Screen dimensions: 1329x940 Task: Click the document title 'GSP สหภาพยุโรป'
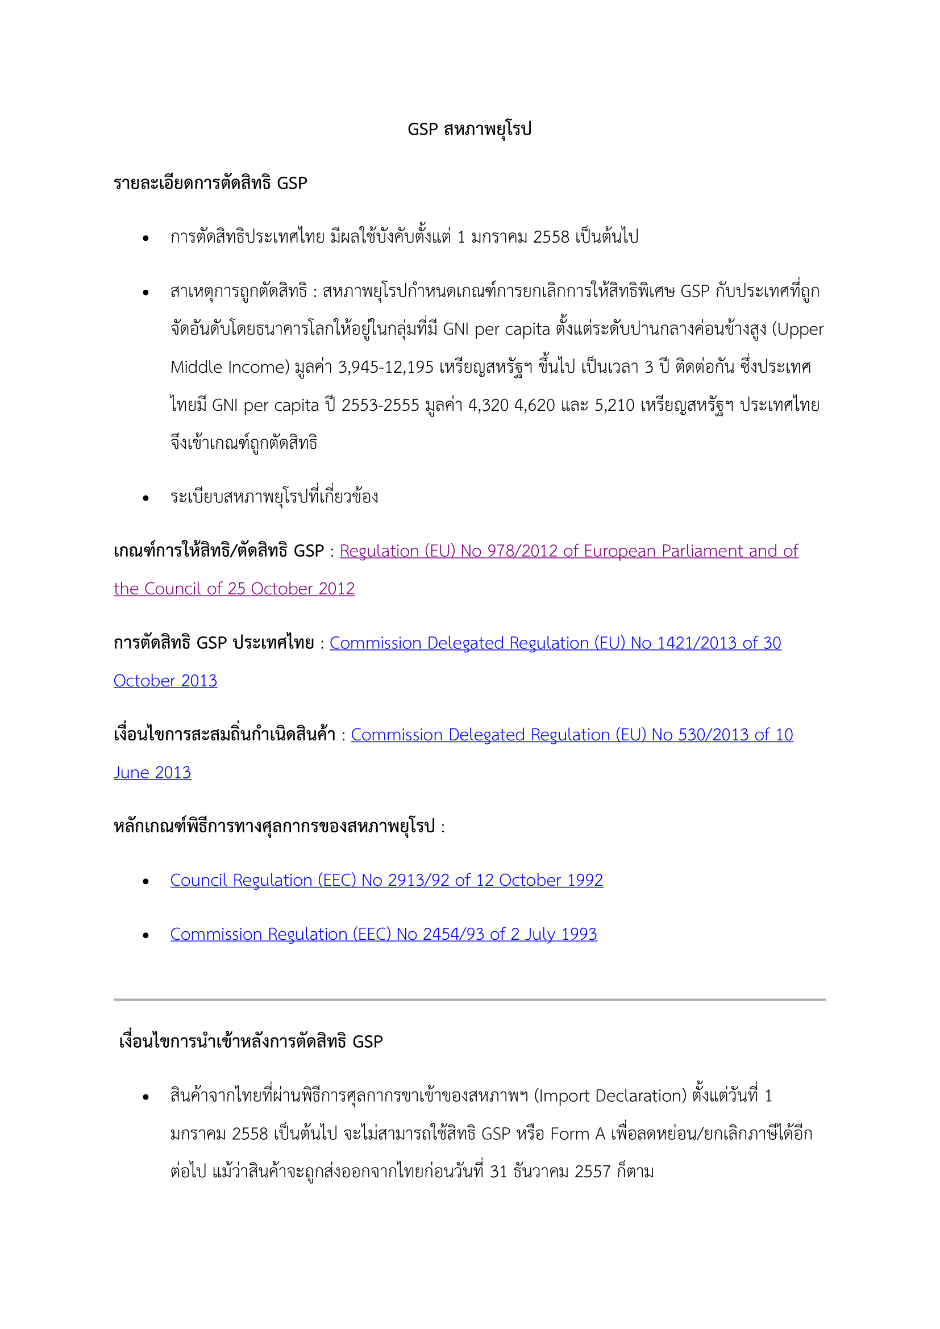(469, 128)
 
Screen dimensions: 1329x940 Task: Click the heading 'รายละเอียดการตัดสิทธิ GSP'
(210, 183)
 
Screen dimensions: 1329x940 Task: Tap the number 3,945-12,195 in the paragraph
(385, 367)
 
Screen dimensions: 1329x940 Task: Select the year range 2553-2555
(380, 405)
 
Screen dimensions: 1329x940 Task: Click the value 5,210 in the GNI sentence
(615, 405)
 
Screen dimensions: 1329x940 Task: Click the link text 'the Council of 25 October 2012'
(234, 589)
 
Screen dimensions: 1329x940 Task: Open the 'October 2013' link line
(165, 681)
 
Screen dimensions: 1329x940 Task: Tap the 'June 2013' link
(152, 773)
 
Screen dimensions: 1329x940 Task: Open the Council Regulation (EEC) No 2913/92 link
(386, 880)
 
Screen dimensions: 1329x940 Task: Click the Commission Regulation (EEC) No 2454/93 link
(383, 934)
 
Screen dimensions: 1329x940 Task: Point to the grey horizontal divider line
(469, 999)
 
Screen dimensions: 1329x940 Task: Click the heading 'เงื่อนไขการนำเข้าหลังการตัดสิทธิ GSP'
(251, 1042)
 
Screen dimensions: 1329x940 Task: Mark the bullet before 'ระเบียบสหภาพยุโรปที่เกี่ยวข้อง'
(146, 498)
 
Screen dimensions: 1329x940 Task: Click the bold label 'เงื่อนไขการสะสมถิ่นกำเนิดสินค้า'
(224, 735)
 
